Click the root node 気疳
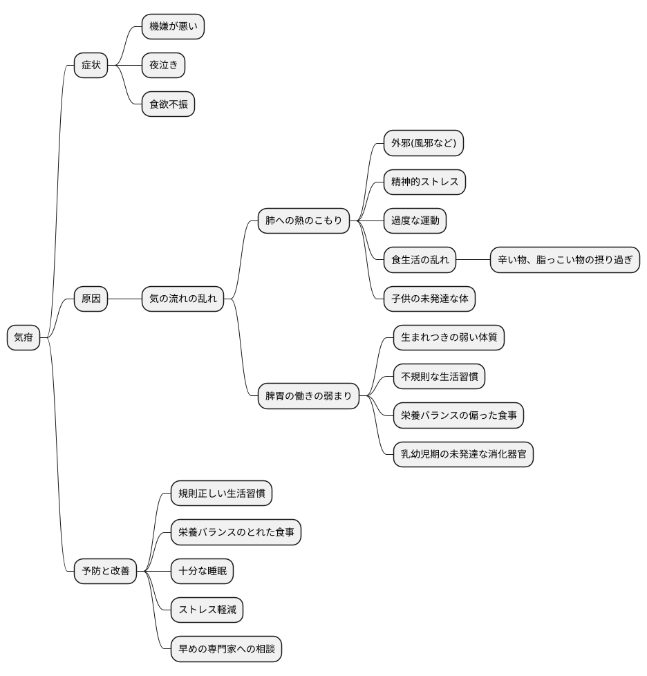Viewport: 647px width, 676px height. coord(24,337)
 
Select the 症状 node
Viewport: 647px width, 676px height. coord(91,65)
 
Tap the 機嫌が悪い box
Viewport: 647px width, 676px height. coord(173,26)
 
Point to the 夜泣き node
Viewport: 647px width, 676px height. coord(163,65)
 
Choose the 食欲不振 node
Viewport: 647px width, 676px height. coord(168,104)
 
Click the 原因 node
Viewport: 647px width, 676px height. coord(91,299)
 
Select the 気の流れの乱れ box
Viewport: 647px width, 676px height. coord(182,299)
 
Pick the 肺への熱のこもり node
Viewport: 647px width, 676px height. coord(303,220)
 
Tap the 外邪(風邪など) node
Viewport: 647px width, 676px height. coord(424,142)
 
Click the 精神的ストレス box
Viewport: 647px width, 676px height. coord(424,182)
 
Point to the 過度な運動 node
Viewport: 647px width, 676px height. coord(415,220)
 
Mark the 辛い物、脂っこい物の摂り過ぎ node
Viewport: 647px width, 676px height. coord(565,260)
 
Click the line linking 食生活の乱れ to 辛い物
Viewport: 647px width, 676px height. coord(473,260)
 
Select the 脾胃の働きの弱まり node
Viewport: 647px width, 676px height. coord(308,396)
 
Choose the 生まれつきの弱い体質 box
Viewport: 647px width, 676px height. coord(449,337)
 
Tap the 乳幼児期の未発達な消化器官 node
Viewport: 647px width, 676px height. coord(463,454)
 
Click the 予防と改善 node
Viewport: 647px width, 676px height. coord(106,571)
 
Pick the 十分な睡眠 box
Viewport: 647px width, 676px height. coord(202,571)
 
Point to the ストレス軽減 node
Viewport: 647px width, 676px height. coord(207,610)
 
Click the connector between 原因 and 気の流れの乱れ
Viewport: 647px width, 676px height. coord(125,299)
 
